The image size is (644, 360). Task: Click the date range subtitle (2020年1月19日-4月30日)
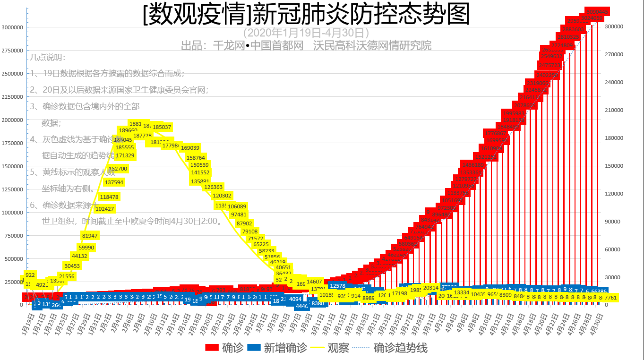[306, 33]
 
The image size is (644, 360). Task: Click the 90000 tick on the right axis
[613, 222]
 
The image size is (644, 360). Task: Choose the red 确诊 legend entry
[224, 348]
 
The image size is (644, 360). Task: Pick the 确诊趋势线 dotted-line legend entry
[392, 348]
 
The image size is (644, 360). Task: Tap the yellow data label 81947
[90, 236]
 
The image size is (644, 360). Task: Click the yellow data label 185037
[162, 127]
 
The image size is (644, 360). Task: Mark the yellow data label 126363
[213, 187]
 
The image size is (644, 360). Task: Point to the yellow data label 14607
[314, 282]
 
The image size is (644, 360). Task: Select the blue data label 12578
[337, 286]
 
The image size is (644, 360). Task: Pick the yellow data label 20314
[430, 287]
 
